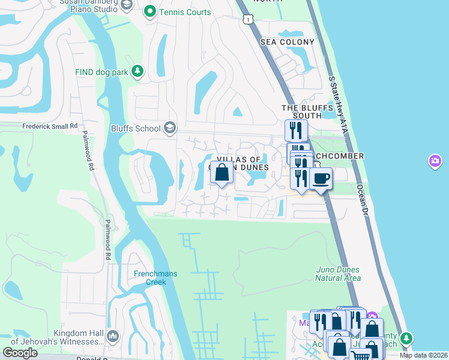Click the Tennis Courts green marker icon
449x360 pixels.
[x=149, y=12]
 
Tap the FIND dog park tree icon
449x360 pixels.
[x=138, y=72]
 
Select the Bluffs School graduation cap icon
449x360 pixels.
[x=170, y=128]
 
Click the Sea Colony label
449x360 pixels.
[x=287, y=42]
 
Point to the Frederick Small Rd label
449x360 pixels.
[x=50, y=127]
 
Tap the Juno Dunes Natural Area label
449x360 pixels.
[x=339, y=274]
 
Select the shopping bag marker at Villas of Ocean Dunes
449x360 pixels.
[x=221, y=172]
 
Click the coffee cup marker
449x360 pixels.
[x=321, y=178]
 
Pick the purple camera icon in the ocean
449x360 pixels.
[x=435, y=161]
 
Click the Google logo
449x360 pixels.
[x=20, y=352]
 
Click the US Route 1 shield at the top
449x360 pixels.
[x=247, y=20]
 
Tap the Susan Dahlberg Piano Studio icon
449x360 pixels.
[x=127, y=5]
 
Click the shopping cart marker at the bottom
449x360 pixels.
[x=360, y=355]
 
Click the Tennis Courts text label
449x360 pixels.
[x=185, y=12]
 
